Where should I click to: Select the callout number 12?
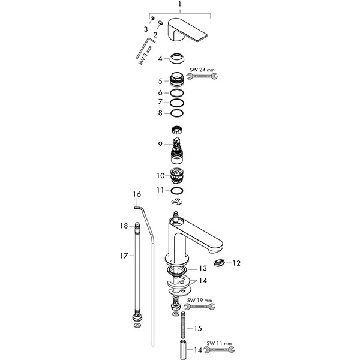(236, 263)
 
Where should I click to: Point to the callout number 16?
(137, 194)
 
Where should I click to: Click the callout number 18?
(124, 226)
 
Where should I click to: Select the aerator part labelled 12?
(220, 262)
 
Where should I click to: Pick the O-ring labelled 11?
(176, 190)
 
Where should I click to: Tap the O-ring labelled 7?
(176, 102)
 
